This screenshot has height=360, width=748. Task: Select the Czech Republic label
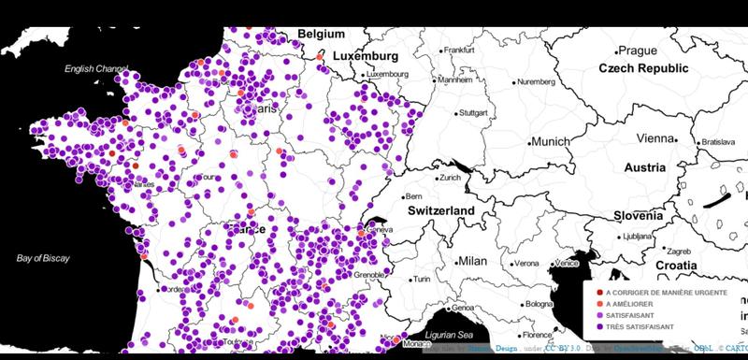(642, 69)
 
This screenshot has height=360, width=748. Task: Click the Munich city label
(551, 142)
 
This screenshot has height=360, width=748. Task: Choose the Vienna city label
(654, 138)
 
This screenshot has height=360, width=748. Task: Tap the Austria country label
(646, 168)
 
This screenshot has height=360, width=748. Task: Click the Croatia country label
(676, 266)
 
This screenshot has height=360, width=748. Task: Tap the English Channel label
(95, 69)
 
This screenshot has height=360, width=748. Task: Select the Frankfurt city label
(460, 50)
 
